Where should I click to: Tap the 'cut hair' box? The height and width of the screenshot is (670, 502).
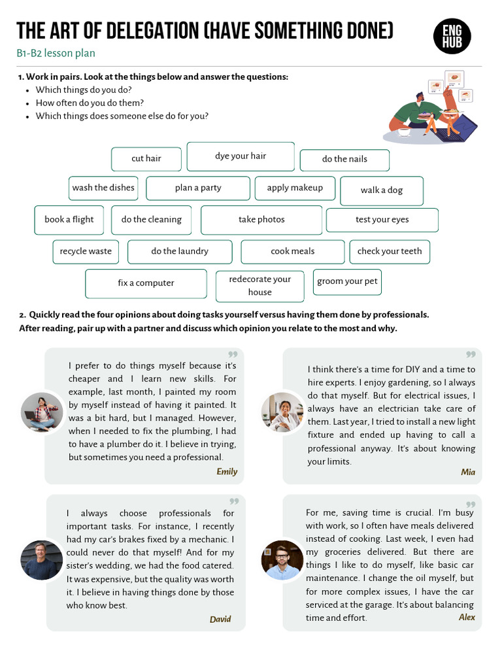point(146,159)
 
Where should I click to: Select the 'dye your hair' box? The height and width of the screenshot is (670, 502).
point(241,156)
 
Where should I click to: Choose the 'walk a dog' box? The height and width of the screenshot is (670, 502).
point(382,190)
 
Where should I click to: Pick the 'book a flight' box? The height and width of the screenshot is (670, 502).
point(69,220)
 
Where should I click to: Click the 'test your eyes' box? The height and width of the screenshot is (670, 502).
point(382,220)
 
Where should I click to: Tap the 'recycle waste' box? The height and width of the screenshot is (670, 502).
point(86,251)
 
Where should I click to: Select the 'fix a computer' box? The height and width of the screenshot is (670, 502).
point(146,283)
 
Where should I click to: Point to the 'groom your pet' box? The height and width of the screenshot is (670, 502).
point(347,282)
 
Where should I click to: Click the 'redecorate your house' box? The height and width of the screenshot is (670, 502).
point(259,286)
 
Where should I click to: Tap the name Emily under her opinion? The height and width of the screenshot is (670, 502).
point(227,472)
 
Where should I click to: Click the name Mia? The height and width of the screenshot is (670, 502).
point(468,472)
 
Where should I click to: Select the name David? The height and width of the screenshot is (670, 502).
point(220,620)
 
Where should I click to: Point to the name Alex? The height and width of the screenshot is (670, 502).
point(467,618)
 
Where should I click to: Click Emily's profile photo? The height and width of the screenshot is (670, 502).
point(42,412)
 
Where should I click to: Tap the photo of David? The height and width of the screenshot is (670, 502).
point(42,560)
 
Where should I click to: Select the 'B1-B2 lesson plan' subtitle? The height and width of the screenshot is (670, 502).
point(56,54)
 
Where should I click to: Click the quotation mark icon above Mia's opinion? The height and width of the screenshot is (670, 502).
point(470,356)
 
